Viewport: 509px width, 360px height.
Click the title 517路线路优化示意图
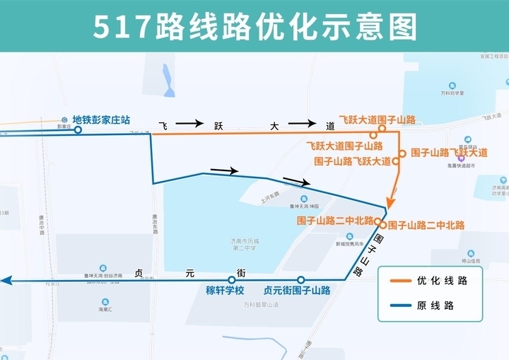255,26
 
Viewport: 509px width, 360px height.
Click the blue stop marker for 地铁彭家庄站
78,129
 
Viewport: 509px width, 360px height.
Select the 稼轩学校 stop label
225,291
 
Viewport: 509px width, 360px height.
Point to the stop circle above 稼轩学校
231,280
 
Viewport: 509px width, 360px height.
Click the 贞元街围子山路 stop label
297,291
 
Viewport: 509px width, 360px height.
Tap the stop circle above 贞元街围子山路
300,280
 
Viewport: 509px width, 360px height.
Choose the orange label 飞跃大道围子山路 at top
377,120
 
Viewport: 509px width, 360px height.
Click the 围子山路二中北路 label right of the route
426,226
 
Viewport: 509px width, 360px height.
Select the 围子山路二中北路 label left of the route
335,221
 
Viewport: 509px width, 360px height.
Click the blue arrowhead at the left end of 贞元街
6,281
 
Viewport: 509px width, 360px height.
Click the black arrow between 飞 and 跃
189,124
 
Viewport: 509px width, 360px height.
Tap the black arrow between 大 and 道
302,124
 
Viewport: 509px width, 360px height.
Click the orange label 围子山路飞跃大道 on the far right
449,153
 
